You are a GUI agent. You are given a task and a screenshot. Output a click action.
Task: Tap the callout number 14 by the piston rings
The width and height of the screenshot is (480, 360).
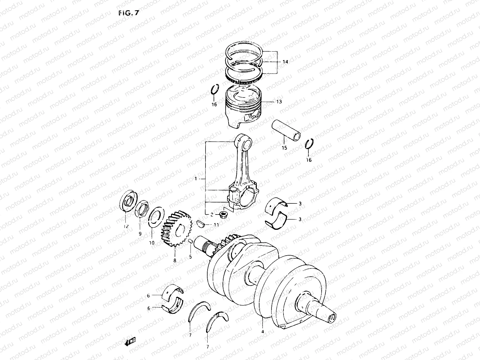point(285,62)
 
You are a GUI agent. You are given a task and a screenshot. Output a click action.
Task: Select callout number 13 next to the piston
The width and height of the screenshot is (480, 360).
point(279,102)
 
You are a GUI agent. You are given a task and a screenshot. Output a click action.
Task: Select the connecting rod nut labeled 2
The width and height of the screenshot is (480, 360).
point(223,214)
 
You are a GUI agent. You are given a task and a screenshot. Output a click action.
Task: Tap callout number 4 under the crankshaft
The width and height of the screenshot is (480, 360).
point(263,332)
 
